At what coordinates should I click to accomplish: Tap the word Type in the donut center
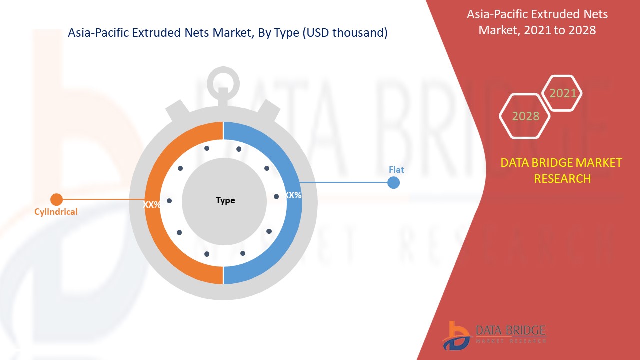coord(225,200)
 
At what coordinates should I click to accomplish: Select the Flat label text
coord(396,170)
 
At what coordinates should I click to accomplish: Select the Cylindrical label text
coord(56,212)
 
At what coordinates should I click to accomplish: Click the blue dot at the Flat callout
coord(394,182)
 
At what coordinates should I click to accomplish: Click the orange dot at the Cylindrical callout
coord(56,200)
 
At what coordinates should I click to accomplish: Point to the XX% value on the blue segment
coord(293,195)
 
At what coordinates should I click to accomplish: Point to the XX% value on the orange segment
coord(152,205)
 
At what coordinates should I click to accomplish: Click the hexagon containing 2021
coord(563,93)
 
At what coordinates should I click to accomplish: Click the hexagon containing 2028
coord(525,116)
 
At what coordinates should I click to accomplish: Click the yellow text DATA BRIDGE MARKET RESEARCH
coord(562,170)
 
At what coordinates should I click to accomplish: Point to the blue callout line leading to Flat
coord(345,182)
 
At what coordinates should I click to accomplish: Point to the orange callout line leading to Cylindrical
coord(100,200)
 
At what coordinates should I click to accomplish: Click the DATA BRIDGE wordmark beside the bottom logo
coord(510,330)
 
